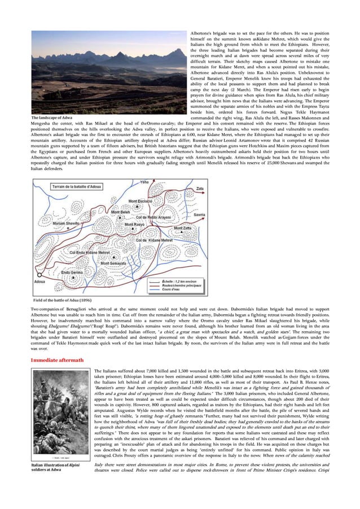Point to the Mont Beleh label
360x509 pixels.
pos(114,214)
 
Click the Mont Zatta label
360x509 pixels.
pos(183,229)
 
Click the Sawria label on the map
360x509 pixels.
pos(199,215)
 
